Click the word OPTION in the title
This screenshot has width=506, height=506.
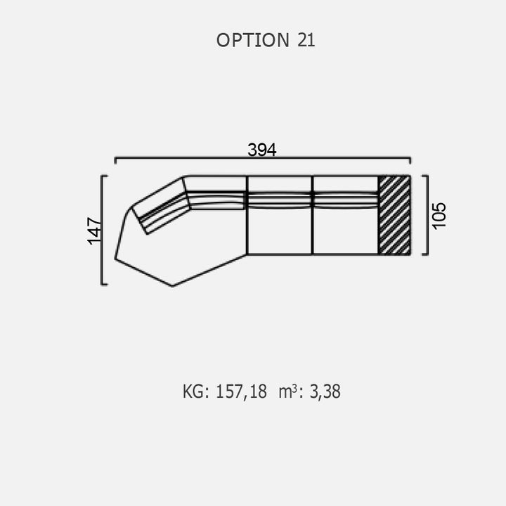(253, 40)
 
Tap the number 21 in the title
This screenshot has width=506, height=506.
(306, 40)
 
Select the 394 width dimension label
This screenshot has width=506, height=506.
(262, 150)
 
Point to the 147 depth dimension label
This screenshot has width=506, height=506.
(94, 231)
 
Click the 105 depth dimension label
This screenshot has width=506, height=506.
(439, 216)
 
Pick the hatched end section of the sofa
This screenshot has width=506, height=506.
(394, 215)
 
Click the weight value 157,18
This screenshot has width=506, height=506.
(241, 391)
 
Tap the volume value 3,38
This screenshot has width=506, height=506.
(325, 391)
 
